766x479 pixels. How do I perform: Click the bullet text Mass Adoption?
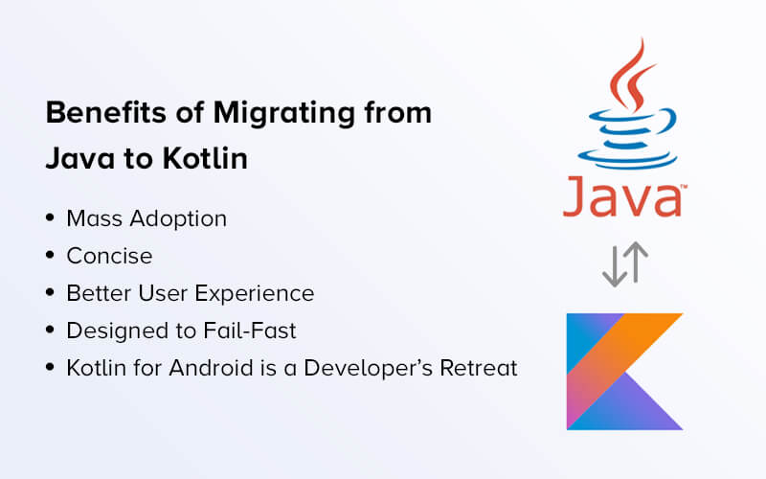tap(146, 219)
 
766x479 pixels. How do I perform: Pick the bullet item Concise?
tap(109, 256)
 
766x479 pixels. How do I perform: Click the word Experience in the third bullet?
tap(254, 294)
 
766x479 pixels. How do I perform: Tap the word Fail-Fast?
tap(250, 331)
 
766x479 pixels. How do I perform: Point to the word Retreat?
tap(478, 368)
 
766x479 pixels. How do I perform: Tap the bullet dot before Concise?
tap(50, 255)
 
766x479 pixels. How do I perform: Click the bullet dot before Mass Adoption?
tap(50, 217)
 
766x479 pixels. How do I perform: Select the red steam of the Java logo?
tap(632, 76)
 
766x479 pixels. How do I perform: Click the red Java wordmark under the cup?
tap(625, 196)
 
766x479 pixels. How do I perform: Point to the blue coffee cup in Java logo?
tap(628, 139)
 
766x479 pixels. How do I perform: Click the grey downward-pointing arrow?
tap(615, 266)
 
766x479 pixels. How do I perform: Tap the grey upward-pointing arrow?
tap(636, 262)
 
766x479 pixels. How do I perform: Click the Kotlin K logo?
tap(624, 372)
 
